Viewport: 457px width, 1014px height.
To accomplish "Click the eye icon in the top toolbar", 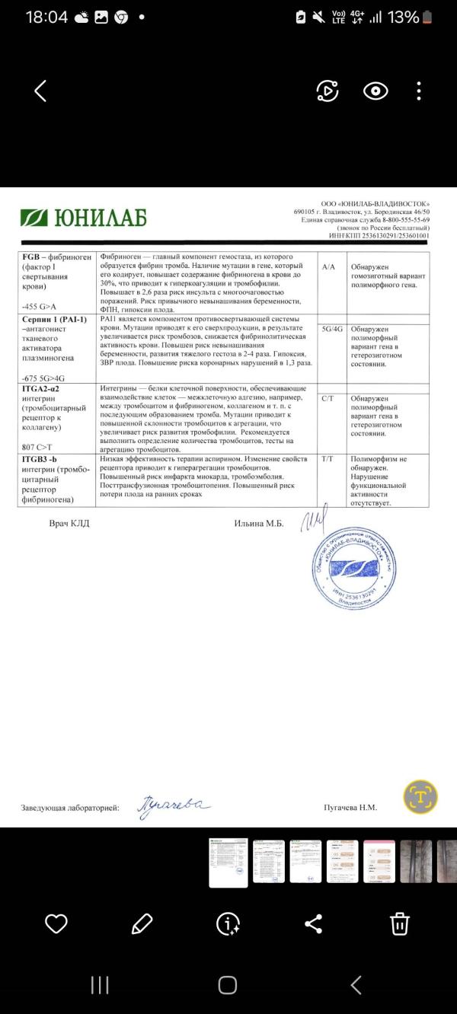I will [x=375, y=91].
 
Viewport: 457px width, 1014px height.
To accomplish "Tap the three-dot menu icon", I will [x=419, y=91].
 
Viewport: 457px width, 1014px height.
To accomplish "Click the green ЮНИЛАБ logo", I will [x=84, y=218].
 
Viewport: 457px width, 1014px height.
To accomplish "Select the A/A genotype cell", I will [x=329, y=267].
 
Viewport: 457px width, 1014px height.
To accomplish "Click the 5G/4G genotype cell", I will [x=333, y=330].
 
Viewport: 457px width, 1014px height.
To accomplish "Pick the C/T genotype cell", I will [x=329, y=398].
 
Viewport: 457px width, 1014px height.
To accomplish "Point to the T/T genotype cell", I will [x=329, y=460].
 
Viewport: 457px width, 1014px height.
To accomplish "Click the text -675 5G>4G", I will [x=43, y=378].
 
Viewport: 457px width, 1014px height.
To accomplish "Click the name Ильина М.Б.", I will [x=259, y=523].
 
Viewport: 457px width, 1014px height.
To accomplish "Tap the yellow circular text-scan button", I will [x=420, y=796].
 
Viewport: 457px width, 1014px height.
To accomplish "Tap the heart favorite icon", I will [x=56, y=923].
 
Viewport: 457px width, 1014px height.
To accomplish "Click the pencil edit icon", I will [x=142, y=923].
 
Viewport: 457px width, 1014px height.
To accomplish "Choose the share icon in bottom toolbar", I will [x=313, y=923].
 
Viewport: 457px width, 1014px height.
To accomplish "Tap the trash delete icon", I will [x=400, y=923].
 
